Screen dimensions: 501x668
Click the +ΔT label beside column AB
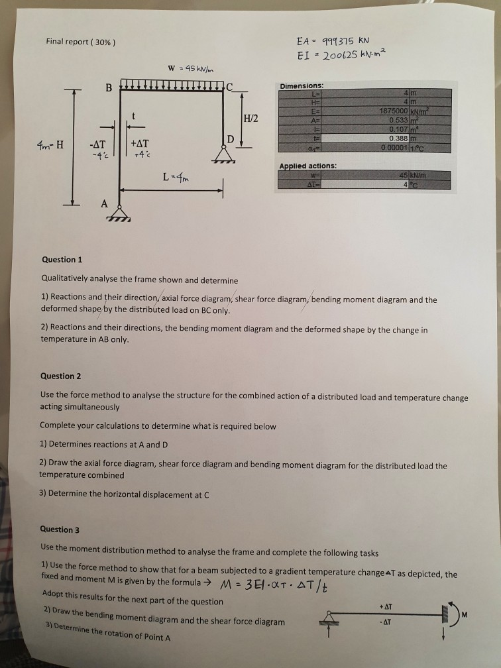coord(140,143)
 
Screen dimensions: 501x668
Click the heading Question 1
coord(61,260)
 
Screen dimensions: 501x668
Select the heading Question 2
coord(61,376)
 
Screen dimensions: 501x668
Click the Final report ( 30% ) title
coord(80,42)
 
